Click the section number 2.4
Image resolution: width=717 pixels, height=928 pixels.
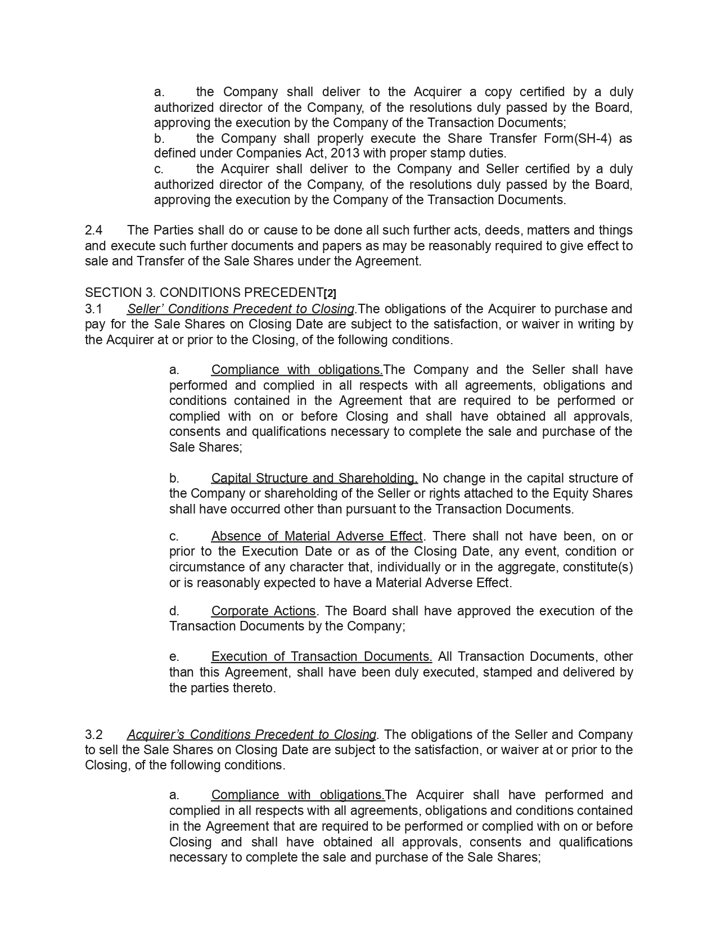pyautogui.click(x=93, y=231)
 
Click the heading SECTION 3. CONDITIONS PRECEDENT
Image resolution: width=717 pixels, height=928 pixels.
pyautogui.click(x=204, y=293)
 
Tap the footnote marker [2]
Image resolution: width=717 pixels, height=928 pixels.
pyautogui.click(x=330, y=293)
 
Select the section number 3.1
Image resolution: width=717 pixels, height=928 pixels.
pyautogui.click(x=93, y=309)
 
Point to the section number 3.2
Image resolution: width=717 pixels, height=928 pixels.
pyautogui.click(x=93, y=735)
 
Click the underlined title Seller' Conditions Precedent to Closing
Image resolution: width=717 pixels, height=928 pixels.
pyautogui.click(x=241, y=309)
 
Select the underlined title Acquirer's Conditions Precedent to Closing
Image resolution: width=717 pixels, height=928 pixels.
pyautogui.click(x=251, y=735)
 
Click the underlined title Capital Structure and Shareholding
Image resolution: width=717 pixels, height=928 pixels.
pyautogui.click(x=314, y=478)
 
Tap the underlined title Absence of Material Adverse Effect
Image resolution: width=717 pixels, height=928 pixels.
pyautogui.click(x=317, y=536)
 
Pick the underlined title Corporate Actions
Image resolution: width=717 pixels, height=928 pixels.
pyautogui.click(x=263, y=611)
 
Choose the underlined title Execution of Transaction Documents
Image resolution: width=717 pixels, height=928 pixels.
pyautogui.click(x=321, y=656)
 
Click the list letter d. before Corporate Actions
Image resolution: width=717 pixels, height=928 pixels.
pyautogui.click(x=174, y=611)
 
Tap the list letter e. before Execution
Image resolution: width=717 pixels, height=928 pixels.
pyautogui.click(x=174, y=656)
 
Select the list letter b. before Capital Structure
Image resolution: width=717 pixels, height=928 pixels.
pyautogui.click(x=174, y=478)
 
